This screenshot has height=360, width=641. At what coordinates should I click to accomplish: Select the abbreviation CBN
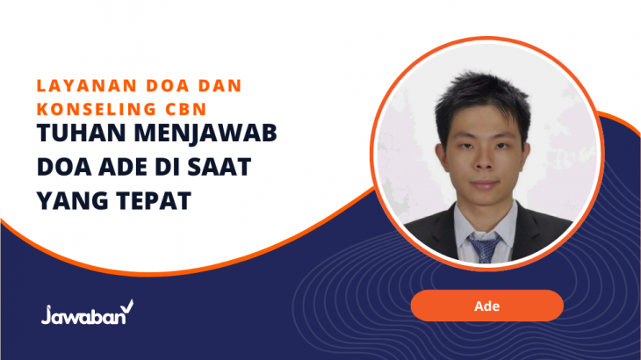[x=186, y=109]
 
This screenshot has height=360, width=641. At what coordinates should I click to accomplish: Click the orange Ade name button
[x=486, y=306]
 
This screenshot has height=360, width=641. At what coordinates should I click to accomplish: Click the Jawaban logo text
[x=83, y=315]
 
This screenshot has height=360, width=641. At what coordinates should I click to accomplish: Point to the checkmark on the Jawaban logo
[x=127, y=306]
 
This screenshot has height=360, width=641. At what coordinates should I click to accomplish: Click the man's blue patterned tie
[x=485, y=248]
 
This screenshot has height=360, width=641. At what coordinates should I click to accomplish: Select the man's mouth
[x=484, y=184]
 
